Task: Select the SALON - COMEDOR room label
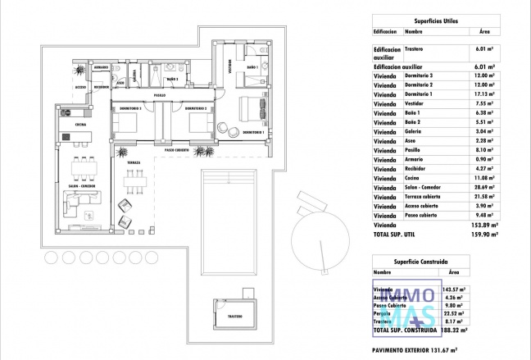(x=83, y=186)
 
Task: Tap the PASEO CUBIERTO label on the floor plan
(x=176, y=150)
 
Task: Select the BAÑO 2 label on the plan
(x=172, y=80)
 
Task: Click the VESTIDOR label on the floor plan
(x=224, y=72)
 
